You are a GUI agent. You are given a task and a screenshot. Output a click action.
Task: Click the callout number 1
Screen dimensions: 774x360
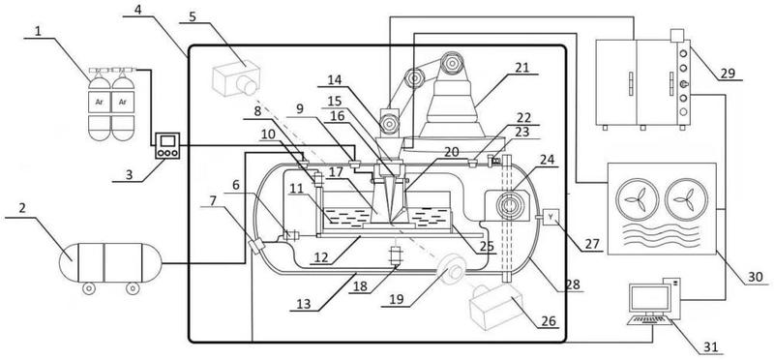[x=38, y=32]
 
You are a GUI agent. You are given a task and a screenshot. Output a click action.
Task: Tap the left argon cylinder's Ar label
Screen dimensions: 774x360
[x=100, y=103]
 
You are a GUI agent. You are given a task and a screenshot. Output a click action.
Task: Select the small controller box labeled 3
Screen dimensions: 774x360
[x=167, y=146]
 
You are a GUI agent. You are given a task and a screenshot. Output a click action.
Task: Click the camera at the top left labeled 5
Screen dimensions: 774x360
[x=236, y=78]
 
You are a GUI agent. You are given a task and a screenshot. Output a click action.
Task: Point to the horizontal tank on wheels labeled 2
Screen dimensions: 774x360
[x=110, y=262]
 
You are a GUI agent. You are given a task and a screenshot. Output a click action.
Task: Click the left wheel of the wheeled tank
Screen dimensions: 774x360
[x=88, y=288]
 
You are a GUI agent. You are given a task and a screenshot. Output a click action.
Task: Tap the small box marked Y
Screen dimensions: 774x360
[x=551, y=217]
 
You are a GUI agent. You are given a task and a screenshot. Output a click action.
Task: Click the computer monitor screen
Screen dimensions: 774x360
[x=650, y=298]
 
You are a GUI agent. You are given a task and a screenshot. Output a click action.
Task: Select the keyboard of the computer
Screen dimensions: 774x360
[x=649, y=320]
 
